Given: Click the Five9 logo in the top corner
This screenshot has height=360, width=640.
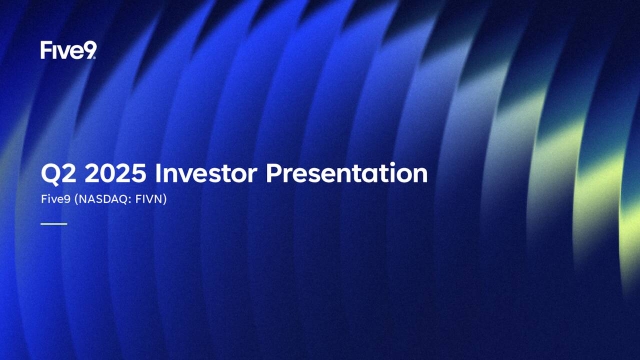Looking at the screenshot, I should click(x=68, y=50).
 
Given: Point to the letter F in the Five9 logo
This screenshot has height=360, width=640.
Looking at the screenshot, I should click(x=46, y=50).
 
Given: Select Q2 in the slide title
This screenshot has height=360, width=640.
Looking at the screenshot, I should click(x=55, y=174).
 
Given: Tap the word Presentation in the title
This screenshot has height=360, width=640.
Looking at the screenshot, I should click(x=348, y=174).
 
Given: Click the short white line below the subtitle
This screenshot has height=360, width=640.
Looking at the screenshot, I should click(x=53, y=224).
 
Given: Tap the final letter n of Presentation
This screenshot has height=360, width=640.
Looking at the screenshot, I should click(x=421, y=175).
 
